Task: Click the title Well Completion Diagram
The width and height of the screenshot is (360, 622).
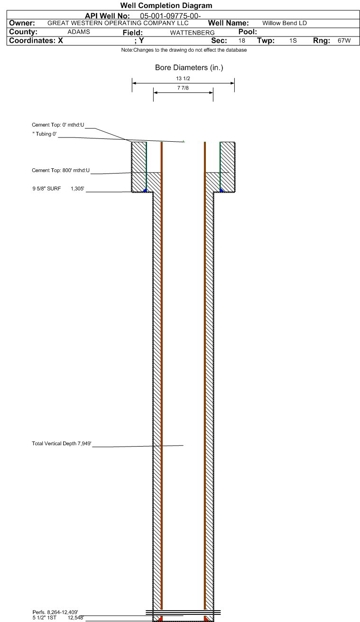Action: [x=166, y=6]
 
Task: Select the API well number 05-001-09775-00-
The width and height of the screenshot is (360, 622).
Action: [x=170, y=16]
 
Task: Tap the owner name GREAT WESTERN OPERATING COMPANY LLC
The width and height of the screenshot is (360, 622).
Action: [x=118, y=23]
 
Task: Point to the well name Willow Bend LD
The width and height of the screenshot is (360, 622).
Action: [x=285, y=23]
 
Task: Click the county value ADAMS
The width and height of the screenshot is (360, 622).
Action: [x=79, y=32]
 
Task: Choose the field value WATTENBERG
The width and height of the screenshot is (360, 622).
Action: [x=192, y=33]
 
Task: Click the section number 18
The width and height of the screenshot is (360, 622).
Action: [x=242, y=41]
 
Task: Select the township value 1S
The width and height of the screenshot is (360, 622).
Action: [x=293, y=41]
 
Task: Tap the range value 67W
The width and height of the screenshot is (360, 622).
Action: [x=344, y=41]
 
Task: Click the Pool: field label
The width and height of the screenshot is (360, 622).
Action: [x=248, y=32]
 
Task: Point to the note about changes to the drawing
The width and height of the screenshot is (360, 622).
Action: [x=184, y=50]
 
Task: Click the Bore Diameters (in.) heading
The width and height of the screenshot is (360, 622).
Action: [x=189, y=67]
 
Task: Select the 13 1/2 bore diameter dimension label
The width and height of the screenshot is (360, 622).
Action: [x=183, y=79]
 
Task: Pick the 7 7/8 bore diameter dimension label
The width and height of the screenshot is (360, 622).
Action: [x=183, y=88]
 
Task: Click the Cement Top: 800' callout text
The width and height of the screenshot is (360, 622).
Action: [x=61, y=170]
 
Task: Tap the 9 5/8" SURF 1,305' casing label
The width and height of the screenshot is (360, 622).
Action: [x=58, y=189]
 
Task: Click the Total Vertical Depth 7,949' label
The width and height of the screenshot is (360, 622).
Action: [x=62, y=443]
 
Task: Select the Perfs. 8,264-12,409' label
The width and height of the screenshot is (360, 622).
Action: [x=55, y=612]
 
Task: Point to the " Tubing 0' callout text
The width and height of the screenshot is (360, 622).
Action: [x=45, y=134]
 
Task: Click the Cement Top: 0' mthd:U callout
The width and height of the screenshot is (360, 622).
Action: [x=58, y=125]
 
